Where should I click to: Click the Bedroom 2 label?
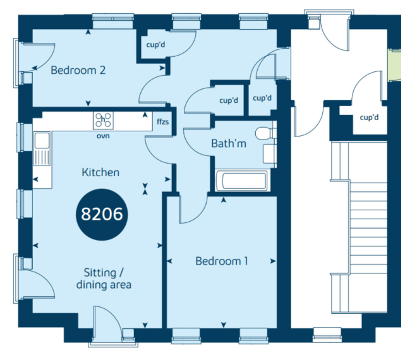pos(78,70)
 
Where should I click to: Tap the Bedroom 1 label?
pos(222,261)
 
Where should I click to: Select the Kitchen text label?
pos(100,172)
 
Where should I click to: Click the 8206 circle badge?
pos(102,214)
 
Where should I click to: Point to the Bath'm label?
pos(229,143)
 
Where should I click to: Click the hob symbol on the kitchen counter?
pos(103,120)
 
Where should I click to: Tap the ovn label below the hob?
pos(103,136)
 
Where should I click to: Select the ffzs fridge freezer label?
pos(162,121)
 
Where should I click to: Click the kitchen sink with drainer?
pos(42,148)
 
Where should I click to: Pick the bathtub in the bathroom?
pos(241,180)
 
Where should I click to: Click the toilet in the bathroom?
pos(265,133)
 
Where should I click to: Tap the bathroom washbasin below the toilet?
pos(269,153)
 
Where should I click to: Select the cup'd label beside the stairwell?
pos(369,117)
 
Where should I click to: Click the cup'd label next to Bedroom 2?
pos(155,44)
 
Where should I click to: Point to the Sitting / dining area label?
pos(104,279)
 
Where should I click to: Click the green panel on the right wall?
pos(394,65)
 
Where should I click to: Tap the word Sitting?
pos(100,273)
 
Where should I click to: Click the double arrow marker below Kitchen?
pos(145,189)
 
